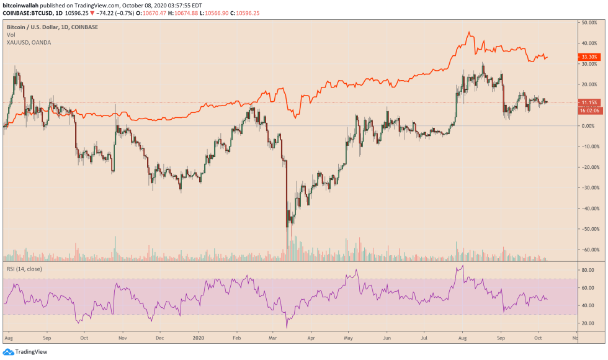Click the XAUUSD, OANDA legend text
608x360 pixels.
[x=29, y=42]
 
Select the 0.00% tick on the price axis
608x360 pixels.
[x=588, y=126]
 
